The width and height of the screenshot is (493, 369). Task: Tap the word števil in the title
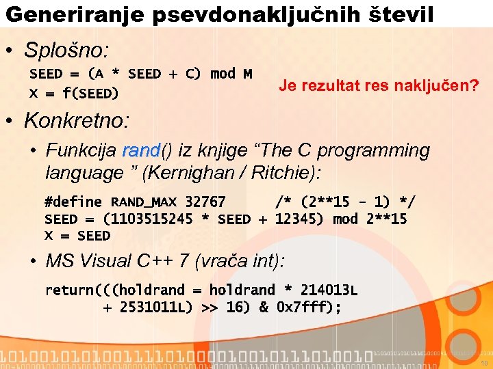click(401, 14)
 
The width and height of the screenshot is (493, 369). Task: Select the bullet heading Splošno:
click(66, 50)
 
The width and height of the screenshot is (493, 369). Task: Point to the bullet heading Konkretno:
click(76, 121)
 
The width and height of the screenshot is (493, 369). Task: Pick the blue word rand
click(140, 150)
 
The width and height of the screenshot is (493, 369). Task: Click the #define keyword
click(73, 202)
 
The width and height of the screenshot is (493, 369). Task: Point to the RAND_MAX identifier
click(144, 202)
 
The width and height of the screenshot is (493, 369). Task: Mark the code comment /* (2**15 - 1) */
click(344, 202)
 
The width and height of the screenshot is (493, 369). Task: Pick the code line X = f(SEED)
click(73, 93)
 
